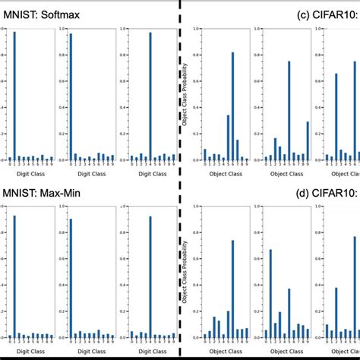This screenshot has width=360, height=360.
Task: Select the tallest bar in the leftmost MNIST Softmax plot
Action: (x=14, y=96)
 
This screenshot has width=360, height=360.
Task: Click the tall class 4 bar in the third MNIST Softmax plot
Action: (x=150, y=96)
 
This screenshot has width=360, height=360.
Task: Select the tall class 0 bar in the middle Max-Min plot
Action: (x=71, y=278)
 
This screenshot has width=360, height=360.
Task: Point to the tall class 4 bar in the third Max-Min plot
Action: (x=150, y=276)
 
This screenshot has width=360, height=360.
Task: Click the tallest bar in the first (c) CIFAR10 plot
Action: (x=232, y=106)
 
